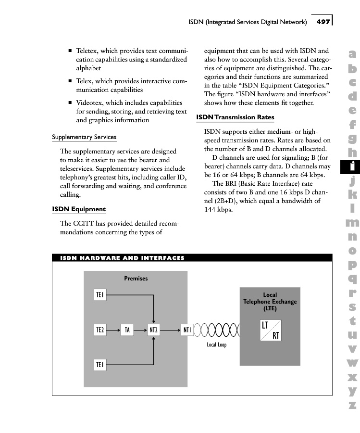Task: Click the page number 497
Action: pyautogui.click(x=323, y=22)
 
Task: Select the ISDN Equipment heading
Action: pyautogui.click(x=78, y=209)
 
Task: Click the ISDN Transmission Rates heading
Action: pyautogui.click(x=235, y=117)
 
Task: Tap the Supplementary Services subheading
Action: pyautogui.click(x=84, y=137)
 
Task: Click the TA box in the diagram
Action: pyautogui.click(x=127, y=330)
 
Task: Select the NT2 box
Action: pyautogui.click(x=153, y=330)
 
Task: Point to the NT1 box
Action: pyautogui.click(x=187, y=330)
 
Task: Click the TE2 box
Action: pyautogui.click(x=100, y=330)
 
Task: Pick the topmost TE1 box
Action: pyautogui.click(x=100, y=295)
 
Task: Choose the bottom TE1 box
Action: pyautogui.click(x=100, y=365)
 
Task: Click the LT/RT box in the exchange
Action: pyautogui.click(x=271, y=330)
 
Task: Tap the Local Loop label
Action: pyautogui.click(x=216, y=345)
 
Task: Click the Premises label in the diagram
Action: pyautogui.click(x=136, y=279)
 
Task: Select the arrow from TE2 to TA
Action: pyautogui.click(x=113, y=330)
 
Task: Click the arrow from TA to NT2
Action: pyautogui.click(x=140, y=330)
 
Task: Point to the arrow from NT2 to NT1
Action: pyautogui.click(x=171, y=330)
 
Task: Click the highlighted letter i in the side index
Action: pyautogui.click(x=352, y=166)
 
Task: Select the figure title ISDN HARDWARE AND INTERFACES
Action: pyautogui.click(x=122, y=258)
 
